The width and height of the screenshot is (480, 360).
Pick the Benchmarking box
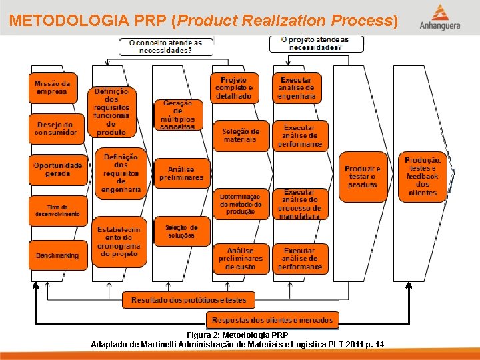[x=57, y=255]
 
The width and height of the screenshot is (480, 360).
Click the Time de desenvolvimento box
[x=57, y=211]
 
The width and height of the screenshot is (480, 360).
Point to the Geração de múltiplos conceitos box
[x=177, y=115]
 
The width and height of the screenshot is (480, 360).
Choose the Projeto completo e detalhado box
[x=233, y=88]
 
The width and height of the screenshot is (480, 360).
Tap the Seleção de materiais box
[x=240, y=135]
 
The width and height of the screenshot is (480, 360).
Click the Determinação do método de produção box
[x=241, y=204]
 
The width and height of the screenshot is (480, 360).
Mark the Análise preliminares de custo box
[x=241, y=259]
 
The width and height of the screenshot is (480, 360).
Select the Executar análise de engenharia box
[x=297, y=88]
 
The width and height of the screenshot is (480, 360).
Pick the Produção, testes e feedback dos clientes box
[x=423, y=177]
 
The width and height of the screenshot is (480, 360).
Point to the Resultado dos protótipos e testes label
[x=189, y=301]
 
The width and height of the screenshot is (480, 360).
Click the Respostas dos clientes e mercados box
[x=272, y=320]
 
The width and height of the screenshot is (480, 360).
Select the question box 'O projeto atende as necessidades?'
[x=316, y=43]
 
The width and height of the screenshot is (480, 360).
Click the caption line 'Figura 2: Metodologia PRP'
[x=237, y=335]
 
